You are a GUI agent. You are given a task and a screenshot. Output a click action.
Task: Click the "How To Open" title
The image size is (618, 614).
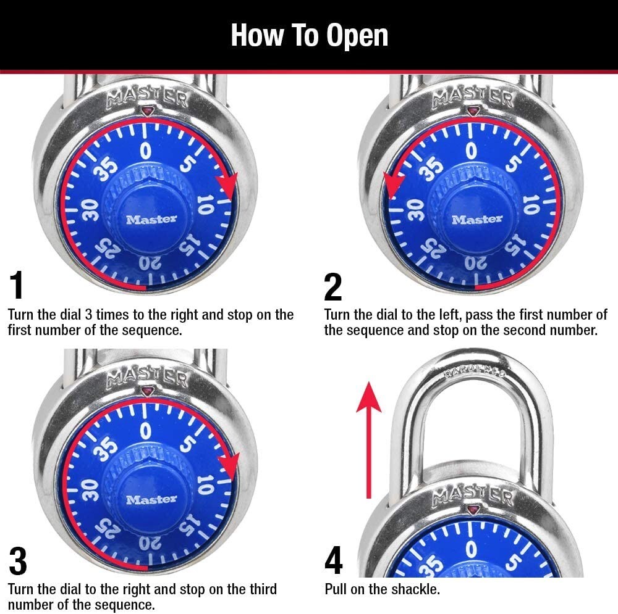[x=309, y=35]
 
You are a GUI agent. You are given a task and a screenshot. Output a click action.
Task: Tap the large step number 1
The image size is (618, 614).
[x=17, y=286]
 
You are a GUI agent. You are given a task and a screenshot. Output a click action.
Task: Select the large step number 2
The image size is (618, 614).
[x=332, y=286]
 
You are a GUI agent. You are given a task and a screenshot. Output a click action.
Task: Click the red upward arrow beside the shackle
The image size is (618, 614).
[x=369, y=438]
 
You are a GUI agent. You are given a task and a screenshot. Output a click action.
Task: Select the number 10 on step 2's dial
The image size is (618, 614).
[x=530, y=204]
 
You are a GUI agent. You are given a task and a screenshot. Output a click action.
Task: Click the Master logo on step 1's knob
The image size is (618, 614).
[x=151, y=219]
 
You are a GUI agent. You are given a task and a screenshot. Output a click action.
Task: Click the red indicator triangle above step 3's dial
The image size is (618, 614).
[x=147, y=391]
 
